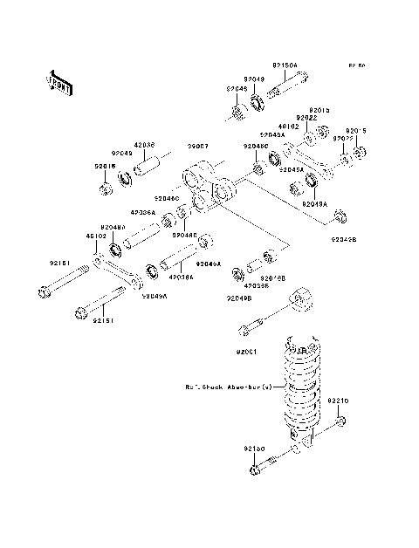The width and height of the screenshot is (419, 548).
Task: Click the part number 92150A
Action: [285, 65]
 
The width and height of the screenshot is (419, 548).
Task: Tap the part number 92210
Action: [338, 401]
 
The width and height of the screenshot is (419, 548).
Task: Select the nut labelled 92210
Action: [339, 423]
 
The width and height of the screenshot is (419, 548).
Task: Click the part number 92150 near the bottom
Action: [254, 448]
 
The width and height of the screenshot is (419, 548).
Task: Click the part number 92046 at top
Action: [237, 89]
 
